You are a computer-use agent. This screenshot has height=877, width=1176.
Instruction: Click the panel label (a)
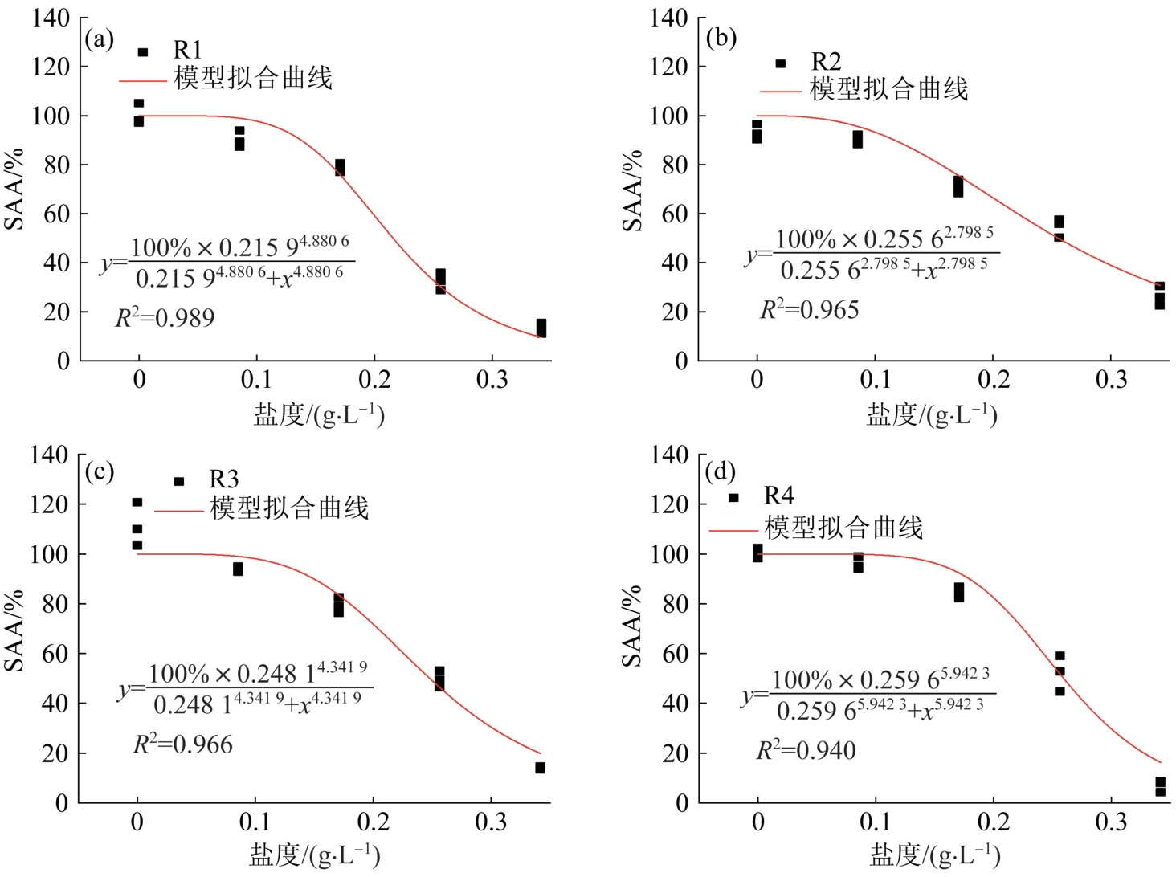click(99, 39)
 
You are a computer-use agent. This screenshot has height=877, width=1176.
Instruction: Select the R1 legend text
click(187, 51)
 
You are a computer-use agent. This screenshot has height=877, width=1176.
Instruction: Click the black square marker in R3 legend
click(179, 481)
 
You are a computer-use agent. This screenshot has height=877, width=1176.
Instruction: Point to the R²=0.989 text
click(165, 318)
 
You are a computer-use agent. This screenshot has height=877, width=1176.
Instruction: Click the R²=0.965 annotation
click(809, 309)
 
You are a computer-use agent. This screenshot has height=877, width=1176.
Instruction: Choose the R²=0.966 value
click(182, 744)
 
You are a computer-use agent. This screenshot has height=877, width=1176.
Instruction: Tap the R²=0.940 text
click(806, 750)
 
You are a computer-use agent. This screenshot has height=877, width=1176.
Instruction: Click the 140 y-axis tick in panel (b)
click(668, 18)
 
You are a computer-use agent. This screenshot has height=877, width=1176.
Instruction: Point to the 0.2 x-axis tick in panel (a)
click(374, 380)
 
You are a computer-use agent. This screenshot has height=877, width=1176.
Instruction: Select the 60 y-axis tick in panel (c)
click(50, 654)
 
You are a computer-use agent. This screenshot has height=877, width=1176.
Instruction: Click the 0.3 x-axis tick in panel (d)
click(1111, 822)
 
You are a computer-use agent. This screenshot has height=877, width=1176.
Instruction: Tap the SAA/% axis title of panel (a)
click(15, 190)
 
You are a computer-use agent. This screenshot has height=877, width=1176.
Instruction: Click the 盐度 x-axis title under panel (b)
click(931, 414)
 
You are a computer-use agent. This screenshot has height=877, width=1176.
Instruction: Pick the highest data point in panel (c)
click(137, 502)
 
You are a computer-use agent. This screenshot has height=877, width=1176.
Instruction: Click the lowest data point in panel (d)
click(1160, 791)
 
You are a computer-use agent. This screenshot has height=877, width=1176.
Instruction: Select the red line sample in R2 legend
click(780, 92)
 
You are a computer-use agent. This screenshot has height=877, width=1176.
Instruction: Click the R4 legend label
click(778, 496)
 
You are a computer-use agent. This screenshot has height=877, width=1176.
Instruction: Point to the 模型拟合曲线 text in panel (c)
click(289, 508)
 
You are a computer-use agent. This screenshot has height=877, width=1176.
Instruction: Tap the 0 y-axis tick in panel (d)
click(681, 802)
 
